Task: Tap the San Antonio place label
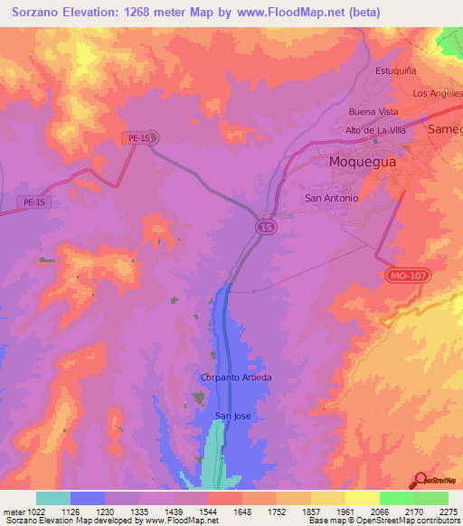click(x=332, y=198)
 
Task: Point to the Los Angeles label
click(x=437, y=93)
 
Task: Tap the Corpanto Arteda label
click(x=236, y=377)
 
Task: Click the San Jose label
click(x=232, y=416)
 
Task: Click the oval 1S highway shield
click(x=265, y=226)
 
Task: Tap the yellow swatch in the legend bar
click(x=362, y=498)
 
